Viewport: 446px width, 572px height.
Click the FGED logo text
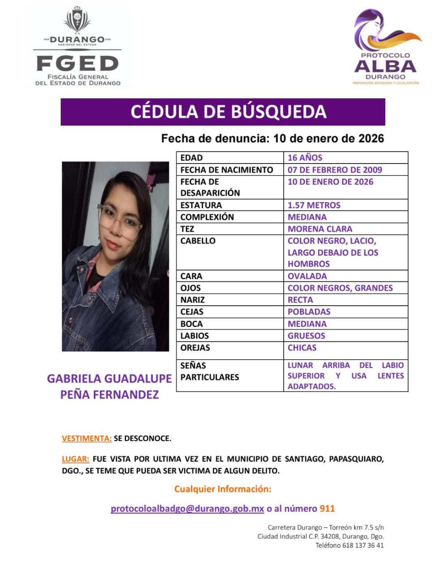pos(77,64)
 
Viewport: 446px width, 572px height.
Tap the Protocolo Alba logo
pos(386,47)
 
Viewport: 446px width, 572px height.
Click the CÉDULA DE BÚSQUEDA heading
pos(228,112)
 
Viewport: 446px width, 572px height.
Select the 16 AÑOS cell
pos(305,157)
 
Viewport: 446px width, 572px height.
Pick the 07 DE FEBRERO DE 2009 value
pos(335,170)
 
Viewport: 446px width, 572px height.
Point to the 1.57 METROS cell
pos(314,205)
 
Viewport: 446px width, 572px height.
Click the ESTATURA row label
pos(201,205)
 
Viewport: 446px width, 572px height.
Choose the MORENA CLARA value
pos(320,229)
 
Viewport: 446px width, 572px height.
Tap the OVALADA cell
pos(307,276)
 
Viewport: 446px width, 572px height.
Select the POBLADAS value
pos(309,311)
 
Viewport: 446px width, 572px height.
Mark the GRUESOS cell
pos(306,336)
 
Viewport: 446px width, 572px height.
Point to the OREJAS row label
pos(195,348)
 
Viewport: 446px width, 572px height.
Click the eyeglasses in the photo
pos(120,220)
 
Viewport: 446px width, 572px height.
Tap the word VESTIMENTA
pos(87,438)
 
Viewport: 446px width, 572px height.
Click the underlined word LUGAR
pos(75,459)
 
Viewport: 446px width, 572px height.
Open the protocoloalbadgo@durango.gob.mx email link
pos(187,509)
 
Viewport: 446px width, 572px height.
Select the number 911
pos(327,509)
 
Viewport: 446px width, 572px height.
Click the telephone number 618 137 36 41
pos(362,545)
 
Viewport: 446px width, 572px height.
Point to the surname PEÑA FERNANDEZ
pos(109,395)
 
